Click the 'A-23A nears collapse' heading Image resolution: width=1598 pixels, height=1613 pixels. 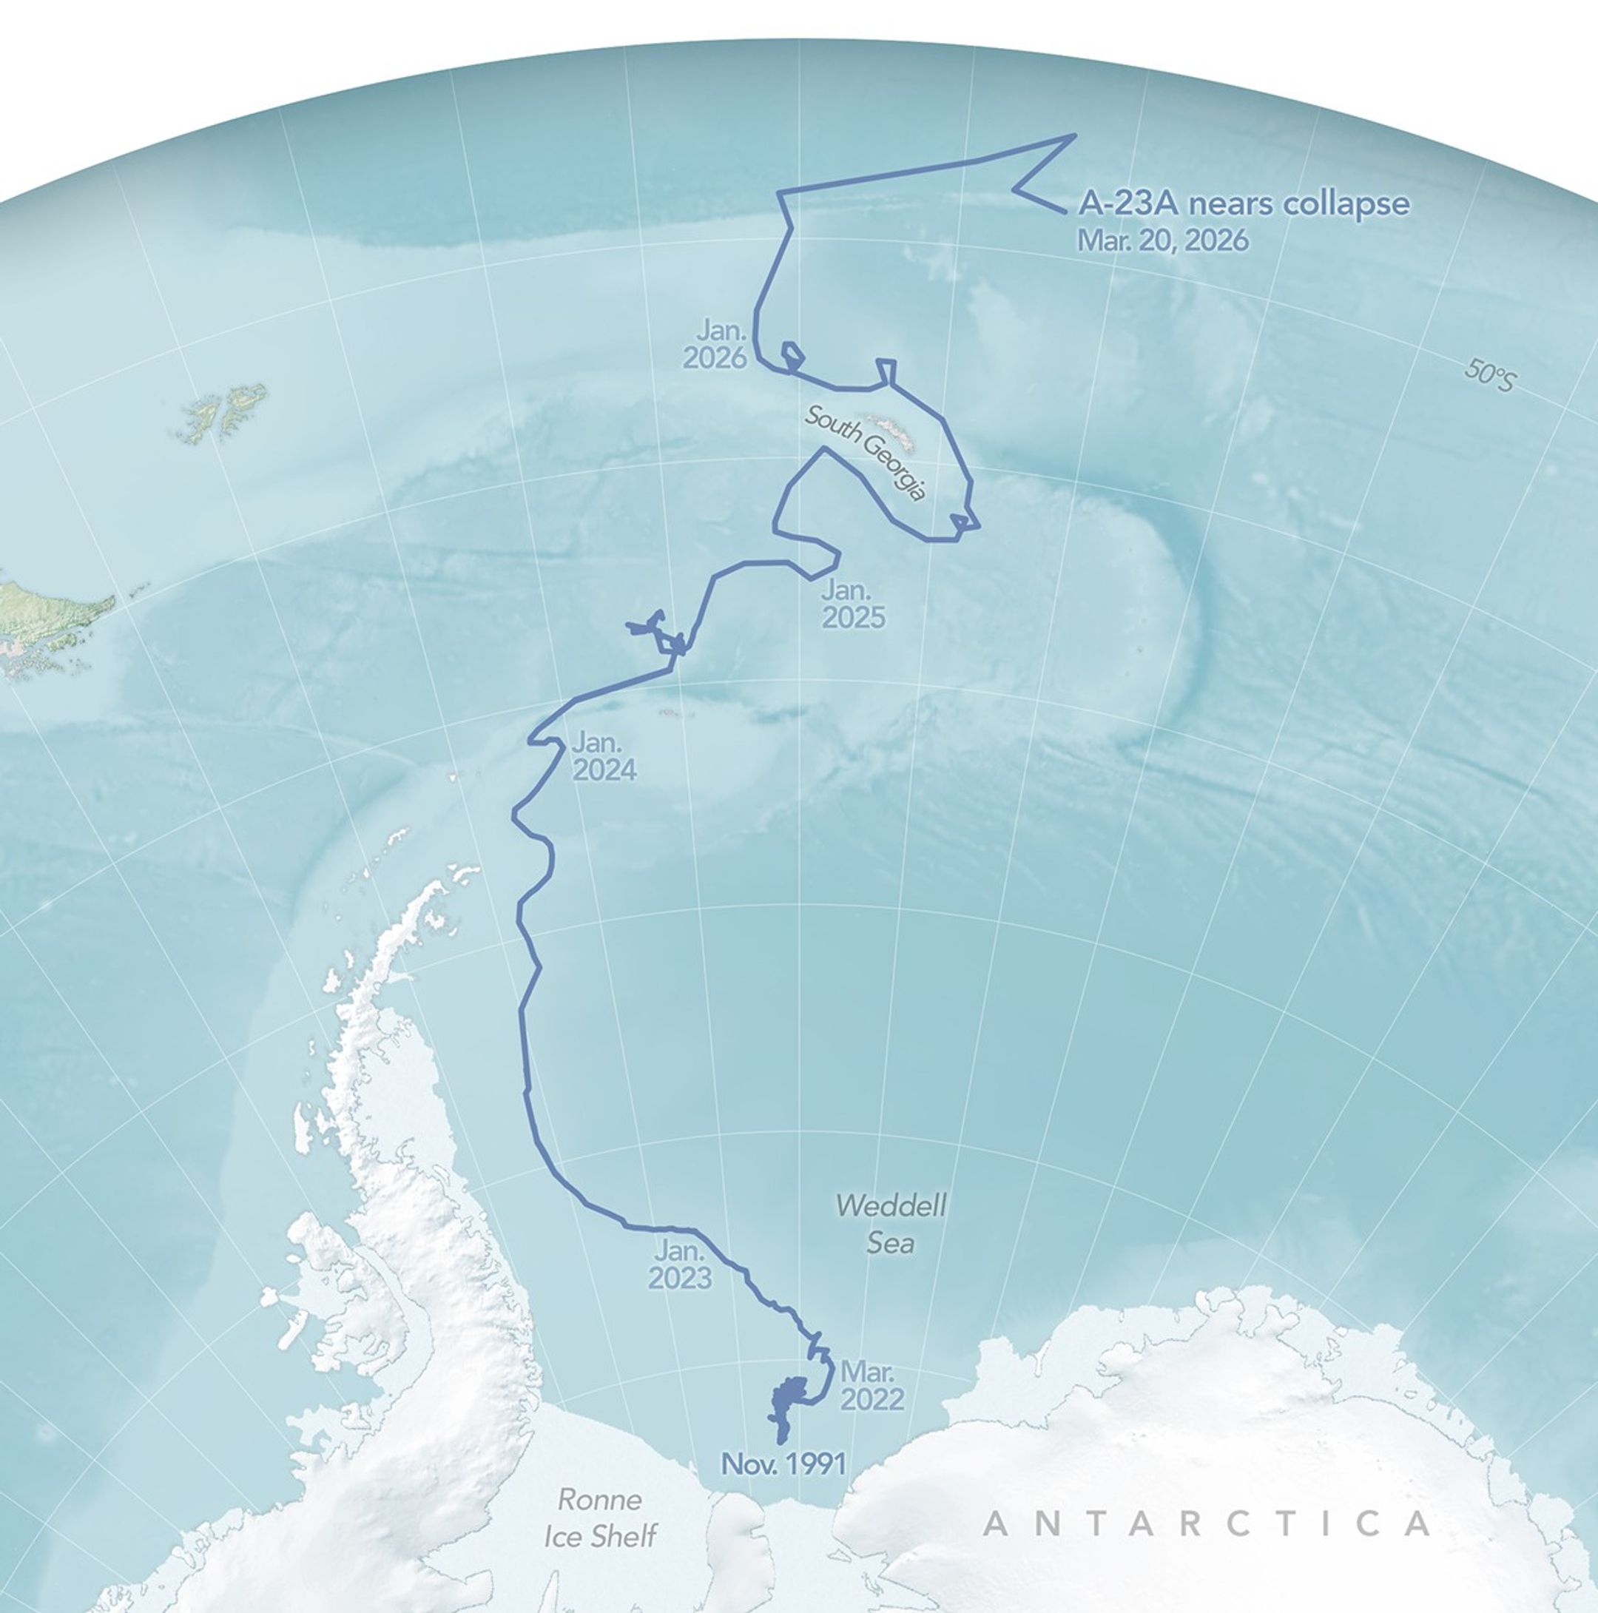[1244, 203]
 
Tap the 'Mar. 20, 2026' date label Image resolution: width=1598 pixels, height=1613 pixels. [1163, 240]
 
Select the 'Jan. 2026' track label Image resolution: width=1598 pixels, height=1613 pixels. [715, 343]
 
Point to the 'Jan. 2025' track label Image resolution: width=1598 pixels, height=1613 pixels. [852, 604]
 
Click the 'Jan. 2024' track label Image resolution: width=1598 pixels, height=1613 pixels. [604, 756]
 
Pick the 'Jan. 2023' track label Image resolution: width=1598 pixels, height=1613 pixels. [680, 1265]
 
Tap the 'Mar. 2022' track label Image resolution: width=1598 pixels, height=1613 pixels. [872, 1385]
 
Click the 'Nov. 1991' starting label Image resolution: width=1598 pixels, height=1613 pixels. [783, 1464]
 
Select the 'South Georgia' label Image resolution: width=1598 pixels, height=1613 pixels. [865, 454]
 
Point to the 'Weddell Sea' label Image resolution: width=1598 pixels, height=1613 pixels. [891, 1224]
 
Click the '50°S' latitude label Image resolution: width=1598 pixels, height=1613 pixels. [1489, 376]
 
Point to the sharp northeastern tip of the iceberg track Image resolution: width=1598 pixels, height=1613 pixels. [1073, 135]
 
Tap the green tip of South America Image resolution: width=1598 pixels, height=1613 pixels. [50, 603]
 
